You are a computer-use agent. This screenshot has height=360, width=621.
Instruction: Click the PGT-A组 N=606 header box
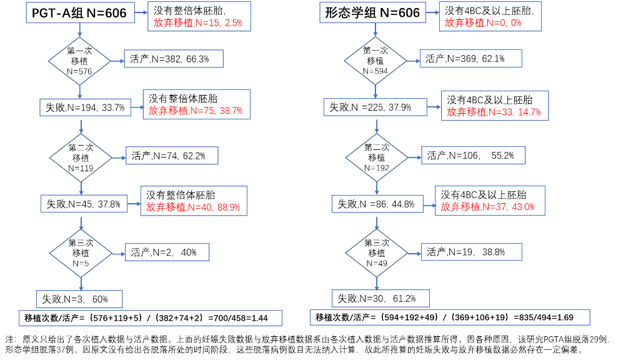click(80, 12)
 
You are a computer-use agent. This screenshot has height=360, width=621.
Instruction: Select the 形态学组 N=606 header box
click(372, 12)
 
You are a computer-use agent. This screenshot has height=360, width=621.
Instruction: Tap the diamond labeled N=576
click(79, 61)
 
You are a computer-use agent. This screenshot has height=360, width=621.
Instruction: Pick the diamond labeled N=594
click(375, 61)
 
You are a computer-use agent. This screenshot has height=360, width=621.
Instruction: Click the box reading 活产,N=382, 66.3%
click(174, 59)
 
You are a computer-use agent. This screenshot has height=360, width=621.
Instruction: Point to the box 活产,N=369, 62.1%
click(471, 59)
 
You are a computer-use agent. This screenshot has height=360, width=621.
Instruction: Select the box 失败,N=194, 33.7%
click(85, 107)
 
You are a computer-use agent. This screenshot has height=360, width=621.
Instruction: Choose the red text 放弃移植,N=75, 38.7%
click(196, 111)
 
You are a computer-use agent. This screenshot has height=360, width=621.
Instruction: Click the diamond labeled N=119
click(81, 158)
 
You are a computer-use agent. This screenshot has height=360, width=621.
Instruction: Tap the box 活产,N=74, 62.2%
click(172, 156)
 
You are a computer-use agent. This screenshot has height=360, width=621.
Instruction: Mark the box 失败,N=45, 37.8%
click(84, 204)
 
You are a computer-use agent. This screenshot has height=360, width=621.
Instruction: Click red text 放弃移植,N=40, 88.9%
click(193, 207)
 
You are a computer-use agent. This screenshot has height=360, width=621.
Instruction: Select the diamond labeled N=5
click(81, 254)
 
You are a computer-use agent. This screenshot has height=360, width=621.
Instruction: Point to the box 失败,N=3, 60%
click(79, 299)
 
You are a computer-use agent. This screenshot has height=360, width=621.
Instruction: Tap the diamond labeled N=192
click(377, 157)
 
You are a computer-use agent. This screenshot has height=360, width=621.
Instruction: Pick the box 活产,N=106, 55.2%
click(474, 155)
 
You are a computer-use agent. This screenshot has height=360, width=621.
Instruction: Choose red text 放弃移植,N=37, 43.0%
click(487, 207)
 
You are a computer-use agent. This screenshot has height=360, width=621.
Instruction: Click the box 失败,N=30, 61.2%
click(380, 299)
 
